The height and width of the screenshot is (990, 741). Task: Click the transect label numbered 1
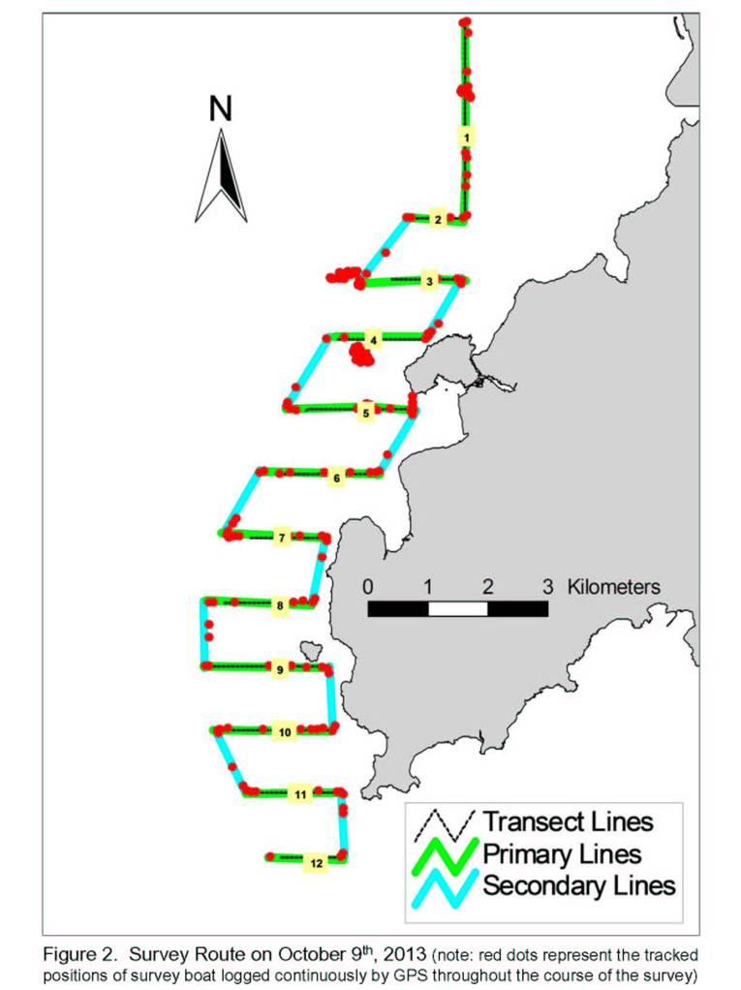(x=466, y=137)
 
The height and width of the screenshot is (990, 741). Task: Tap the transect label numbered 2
(x=438, y=220)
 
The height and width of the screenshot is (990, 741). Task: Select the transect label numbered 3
(x=430, y=281)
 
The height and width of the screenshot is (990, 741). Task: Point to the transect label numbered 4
(x=374, y=340)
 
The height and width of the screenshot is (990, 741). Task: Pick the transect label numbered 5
(x=366, y=414)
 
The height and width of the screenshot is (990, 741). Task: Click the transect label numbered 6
(x=336, y=478)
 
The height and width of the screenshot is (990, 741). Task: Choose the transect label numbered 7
(x=282, y=538)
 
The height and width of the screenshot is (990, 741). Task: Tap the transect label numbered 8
(x=280, y=605)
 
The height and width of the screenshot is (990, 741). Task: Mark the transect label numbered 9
(x=280, y=669)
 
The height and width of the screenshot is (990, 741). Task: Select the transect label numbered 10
(x=285, y=731)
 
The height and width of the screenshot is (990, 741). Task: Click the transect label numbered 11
(x=300, y=793)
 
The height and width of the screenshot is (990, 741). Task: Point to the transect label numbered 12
(x=316, y=863)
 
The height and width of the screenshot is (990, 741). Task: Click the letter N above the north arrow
(x=221, y=108)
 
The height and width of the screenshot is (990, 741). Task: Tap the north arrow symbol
(x=221, y=176)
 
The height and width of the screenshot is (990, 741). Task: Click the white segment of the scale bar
(x=458, y=608)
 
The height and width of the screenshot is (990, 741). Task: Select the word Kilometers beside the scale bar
(x=613, y=587)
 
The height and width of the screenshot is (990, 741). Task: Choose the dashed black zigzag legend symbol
(x=444, y=826)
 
